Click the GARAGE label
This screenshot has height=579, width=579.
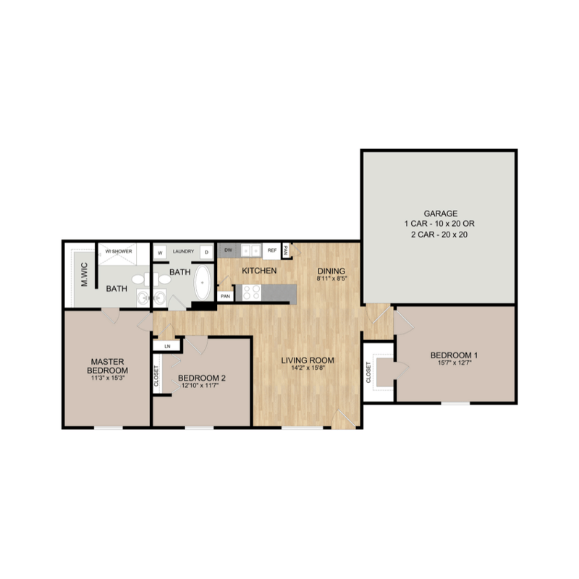pyautogui.click(x=440, y=214)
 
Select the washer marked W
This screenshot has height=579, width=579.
pyautogui.click(x=160, y=252)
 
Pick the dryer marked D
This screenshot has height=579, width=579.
pyautogui.click(x=206, y=252)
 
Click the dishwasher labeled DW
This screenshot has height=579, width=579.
pyautogui.click(x=228, y=250)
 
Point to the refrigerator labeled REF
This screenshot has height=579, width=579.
pyautogui.click(x=272, y=250)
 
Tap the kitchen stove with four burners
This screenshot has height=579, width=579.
pyautogui.click(x=251, y=292)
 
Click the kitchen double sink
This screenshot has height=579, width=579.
pyautogui.click(x=251, y=250)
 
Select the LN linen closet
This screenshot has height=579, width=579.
pyautogui.click(x=167, y=346)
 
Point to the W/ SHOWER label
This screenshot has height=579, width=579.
pyautogui.click(x=119, y=251)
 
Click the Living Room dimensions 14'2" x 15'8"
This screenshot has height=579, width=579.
pyautogui.click(x=312, y=368)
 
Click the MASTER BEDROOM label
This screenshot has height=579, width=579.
pyautogui.click(x=109, y=365)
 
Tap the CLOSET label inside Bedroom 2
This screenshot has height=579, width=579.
pyautogui.click(x=157, y=375)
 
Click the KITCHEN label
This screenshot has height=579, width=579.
pyautogui.click(x=259, y=271)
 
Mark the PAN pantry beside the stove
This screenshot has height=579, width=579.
pyautogui.click(x=225, y=296)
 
